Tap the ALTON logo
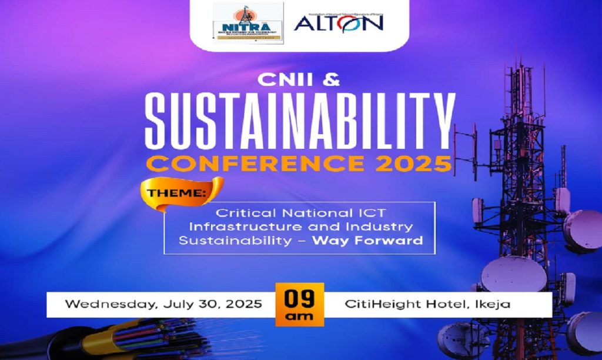[x=339, y=22]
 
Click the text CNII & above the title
[x=300, y=81]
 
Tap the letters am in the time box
[x=299, y=316]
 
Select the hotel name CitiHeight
[x=376, y=305]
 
